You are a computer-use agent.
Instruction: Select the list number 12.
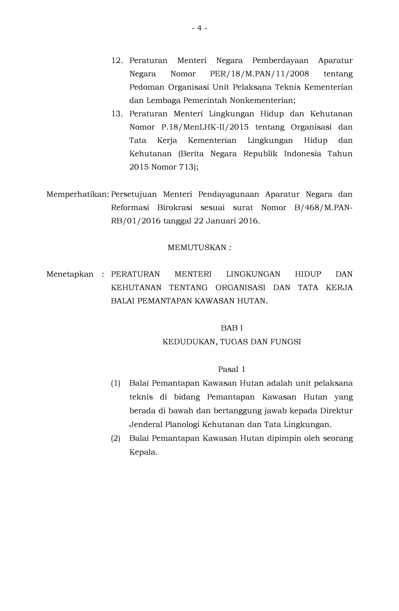pos(117,61)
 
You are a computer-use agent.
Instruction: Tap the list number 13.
pos(117,114)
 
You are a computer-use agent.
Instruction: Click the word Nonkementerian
pos(262,100)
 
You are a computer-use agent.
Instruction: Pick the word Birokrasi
pos(175,208)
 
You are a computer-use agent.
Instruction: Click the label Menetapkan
pos(70,274)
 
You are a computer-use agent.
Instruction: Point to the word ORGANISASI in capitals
pos(240,288)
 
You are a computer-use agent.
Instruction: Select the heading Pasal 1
pos(231,369)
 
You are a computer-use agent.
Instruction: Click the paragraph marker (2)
pos(115,438)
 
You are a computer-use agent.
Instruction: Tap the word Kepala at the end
pos(143,452)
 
